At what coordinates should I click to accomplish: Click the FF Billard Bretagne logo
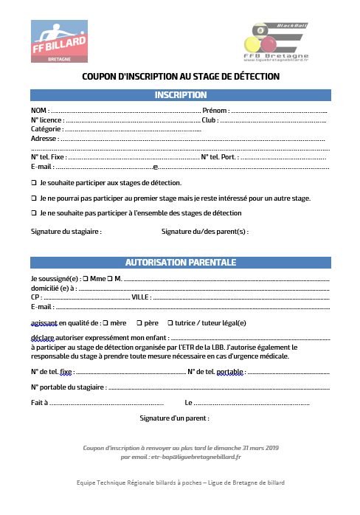click(58, 42)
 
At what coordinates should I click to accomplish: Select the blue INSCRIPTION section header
click(180, 95)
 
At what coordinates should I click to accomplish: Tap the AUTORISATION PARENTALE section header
click(180, 262)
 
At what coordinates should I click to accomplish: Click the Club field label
click(209, 120)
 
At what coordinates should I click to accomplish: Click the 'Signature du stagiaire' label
click(66, 231)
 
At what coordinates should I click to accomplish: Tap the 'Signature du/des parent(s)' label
click(204, 231)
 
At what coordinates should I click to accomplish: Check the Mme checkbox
click(86, 279)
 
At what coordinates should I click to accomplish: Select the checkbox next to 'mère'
click(105, 322)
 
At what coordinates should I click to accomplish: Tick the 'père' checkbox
click(138, 322)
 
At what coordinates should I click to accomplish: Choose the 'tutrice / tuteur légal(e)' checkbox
click(170, 322)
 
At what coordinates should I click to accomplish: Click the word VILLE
click(140, 297)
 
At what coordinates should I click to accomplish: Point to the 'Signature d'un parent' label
click(174, 418)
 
